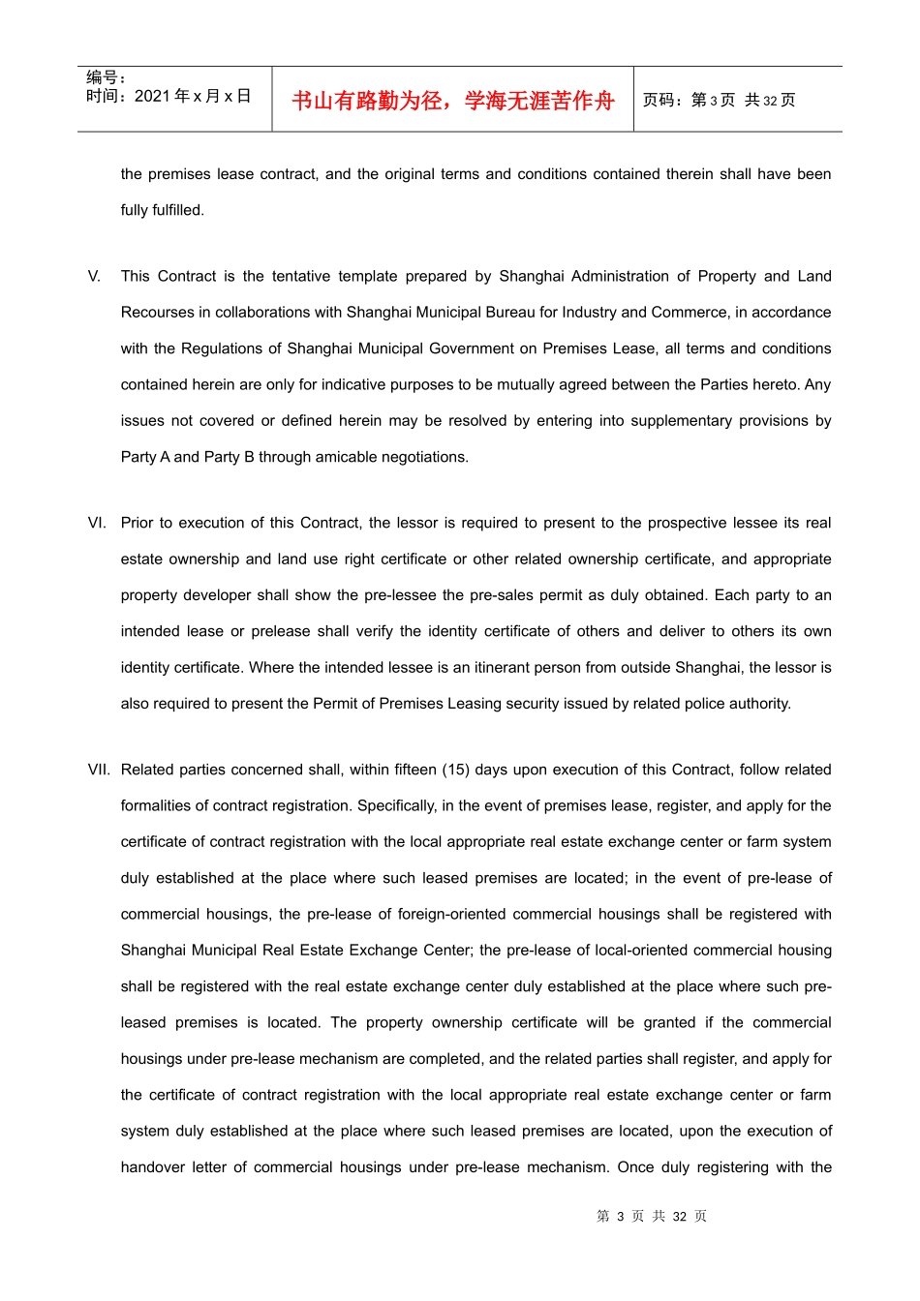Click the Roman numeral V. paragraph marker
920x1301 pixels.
94,276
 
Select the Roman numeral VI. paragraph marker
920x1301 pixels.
97,523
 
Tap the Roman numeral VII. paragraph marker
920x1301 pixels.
99,770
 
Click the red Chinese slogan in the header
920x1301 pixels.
452,101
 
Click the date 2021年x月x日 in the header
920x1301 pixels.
192,96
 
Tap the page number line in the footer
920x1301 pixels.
652,1216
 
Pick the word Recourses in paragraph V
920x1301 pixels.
157,312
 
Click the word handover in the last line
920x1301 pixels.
153,1166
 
